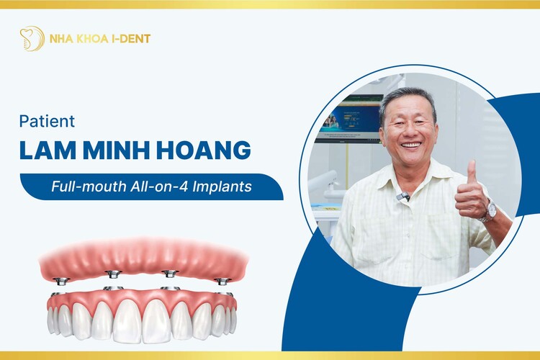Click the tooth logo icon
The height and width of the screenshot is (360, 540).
click(x=32, y=38)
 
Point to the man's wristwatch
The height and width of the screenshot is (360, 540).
click(x=491, y=210)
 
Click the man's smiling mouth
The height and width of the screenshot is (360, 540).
click(x=412, y=145)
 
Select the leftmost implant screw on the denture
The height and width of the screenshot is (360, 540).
click(x=61, y=280)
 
